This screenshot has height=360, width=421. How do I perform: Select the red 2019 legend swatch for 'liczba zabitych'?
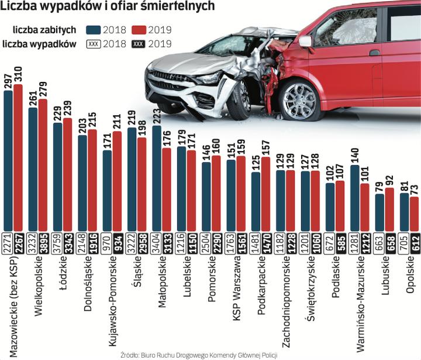pos(140,30)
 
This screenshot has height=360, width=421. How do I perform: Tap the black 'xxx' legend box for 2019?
pos(140,43)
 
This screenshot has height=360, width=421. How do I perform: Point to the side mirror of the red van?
pos(305,42)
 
